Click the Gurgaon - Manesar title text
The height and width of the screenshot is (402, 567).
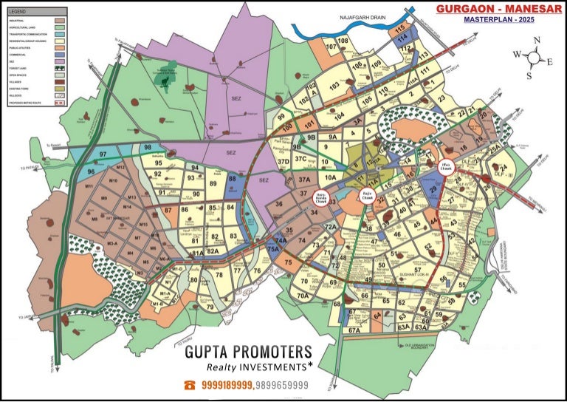point(495,9)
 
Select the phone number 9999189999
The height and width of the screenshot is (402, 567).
point(226,385)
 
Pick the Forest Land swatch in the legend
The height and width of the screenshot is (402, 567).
point(60,67)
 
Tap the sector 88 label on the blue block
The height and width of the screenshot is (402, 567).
point(233,178)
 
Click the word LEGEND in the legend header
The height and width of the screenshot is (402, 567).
point(17,13)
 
